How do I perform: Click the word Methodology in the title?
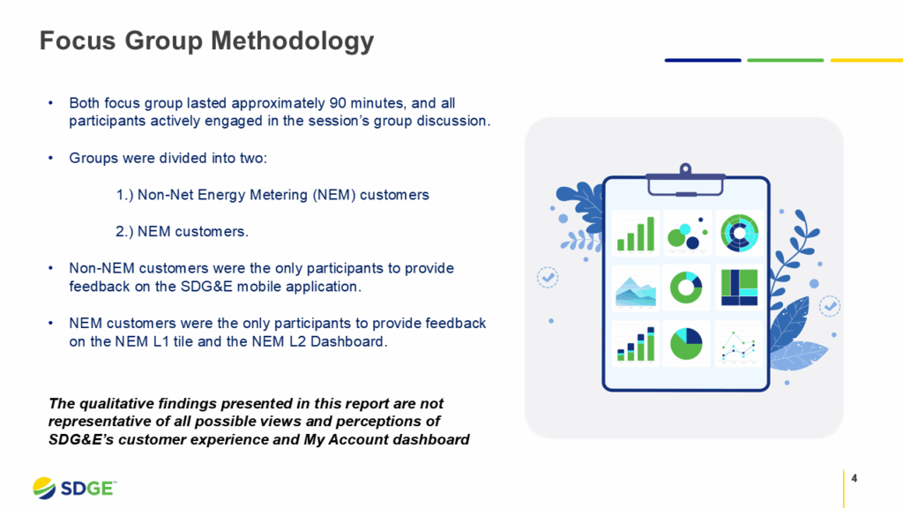291,41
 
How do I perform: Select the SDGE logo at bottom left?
74,488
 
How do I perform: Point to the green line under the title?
785,60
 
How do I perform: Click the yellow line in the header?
866,60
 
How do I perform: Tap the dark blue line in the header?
703,60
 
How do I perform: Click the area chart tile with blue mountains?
636,288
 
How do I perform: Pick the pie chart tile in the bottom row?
685,344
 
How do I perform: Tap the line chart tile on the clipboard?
738,344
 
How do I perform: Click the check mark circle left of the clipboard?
548,277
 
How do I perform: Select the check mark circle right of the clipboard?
830,306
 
